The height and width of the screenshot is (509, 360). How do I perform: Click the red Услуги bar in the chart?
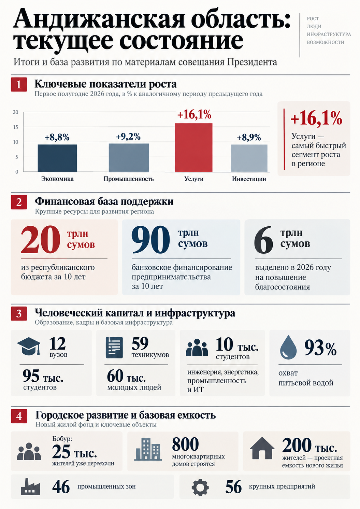pos(194,147)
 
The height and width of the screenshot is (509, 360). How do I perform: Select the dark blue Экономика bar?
pos(57,158)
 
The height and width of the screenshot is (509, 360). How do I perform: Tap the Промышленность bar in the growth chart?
pos(129,158)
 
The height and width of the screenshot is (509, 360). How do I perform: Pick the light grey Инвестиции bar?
pos(249,158)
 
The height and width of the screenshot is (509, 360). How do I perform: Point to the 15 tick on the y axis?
pos(15,127)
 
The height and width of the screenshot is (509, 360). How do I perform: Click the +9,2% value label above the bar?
pos(128,137)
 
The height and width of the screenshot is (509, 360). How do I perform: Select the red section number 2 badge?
pos(19,202)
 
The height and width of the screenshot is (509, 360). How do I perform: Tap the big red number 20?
pos(41,240)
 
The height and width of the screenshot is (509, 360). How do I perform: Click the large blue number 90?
pos(150,240)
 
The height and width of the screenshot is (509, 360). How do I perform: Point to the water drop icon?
pos(288,347)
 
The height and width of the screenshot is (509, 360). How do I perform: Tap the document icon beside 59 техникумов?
pos(114,348)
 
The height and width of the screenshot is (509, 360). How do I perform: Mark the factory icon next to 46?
pos(30,487)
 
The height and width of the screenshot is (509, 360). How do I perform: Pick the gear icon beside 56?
pos(200,487)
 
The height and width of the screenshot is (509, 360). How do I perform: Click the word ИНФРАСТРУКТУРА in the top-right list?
pos(329,34)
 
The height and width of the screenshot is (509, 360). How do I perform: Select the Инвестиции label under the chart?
pos(249,179)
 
